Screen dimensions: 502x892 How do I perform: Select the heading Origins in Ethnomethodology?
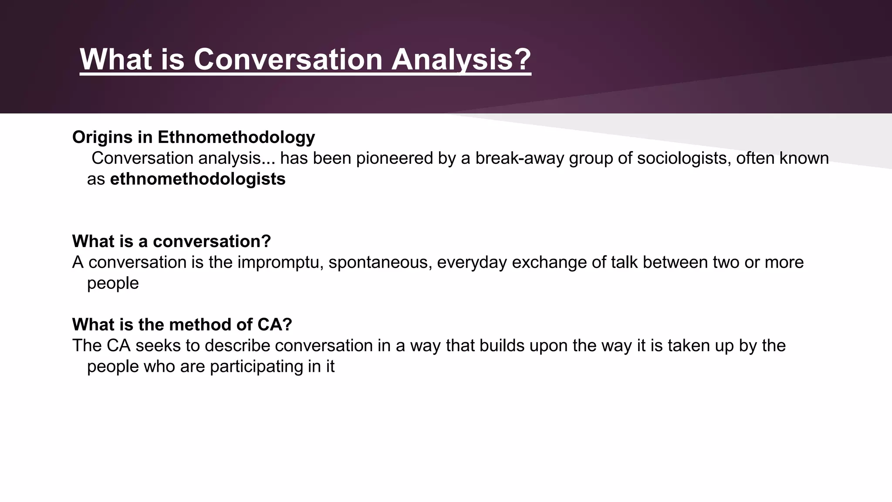click(x=193, y=137)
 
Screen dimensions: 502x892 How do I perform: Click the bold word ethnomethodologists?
click(x=198, y=179)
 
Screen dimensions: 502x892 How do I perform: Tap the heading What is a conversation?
click(x=172, y=241)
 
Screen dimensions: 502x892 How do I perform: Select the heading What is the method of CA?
click(x=182, y=325)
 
